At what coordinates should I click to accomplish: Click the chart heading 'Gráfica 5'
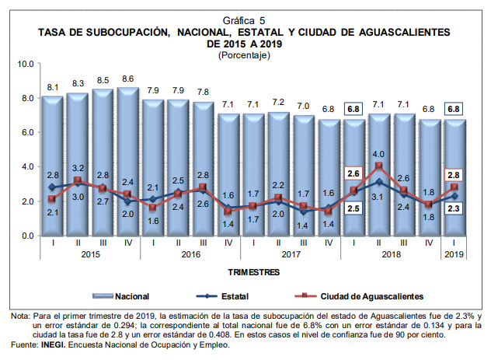click(x=245, y=19)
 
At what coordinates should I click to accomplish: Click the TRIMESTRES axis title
click(x=253, y=273)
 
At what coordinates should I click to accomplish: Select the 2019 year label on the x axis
click(x=454, y=254)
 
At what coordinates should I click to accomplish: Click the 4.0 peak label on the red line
click(x=378, y=154)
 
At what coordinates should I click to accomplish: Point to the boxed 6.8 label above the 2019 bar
click(x=454, y=109)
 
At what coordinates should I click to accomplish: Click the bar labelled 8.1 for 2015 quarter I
click(x=52, y=163)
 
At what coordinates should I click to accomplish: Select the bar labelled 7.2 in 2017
click(x=278, y=171)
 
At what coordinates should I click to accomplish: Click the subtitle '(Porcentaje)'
click(x=245, y=55)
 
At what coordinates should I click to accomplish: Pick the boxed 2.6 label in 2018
click(x=353, y=173)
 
